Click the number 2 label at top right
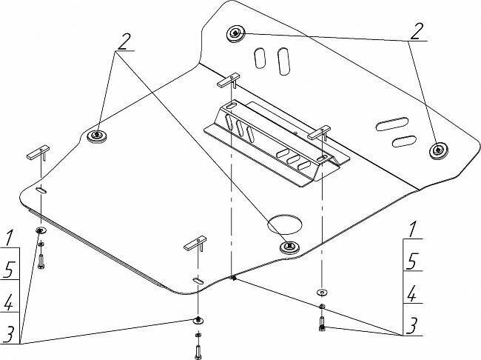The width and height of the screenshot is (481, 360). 417,30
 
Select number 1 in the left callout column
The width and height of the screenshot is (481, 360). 10,238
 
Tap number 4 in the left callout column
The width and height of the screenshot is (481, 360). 10,302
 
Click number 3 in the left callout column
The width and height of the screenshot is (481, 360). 10,335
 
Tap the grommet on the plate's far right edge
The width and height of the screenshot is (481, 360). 438,150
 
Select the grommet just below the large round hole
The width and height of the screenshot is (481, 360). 289,246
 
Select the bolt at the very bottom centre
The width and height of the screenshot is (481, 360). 198,350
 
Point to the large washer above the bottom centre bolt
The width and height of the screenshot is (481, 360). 198,320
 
